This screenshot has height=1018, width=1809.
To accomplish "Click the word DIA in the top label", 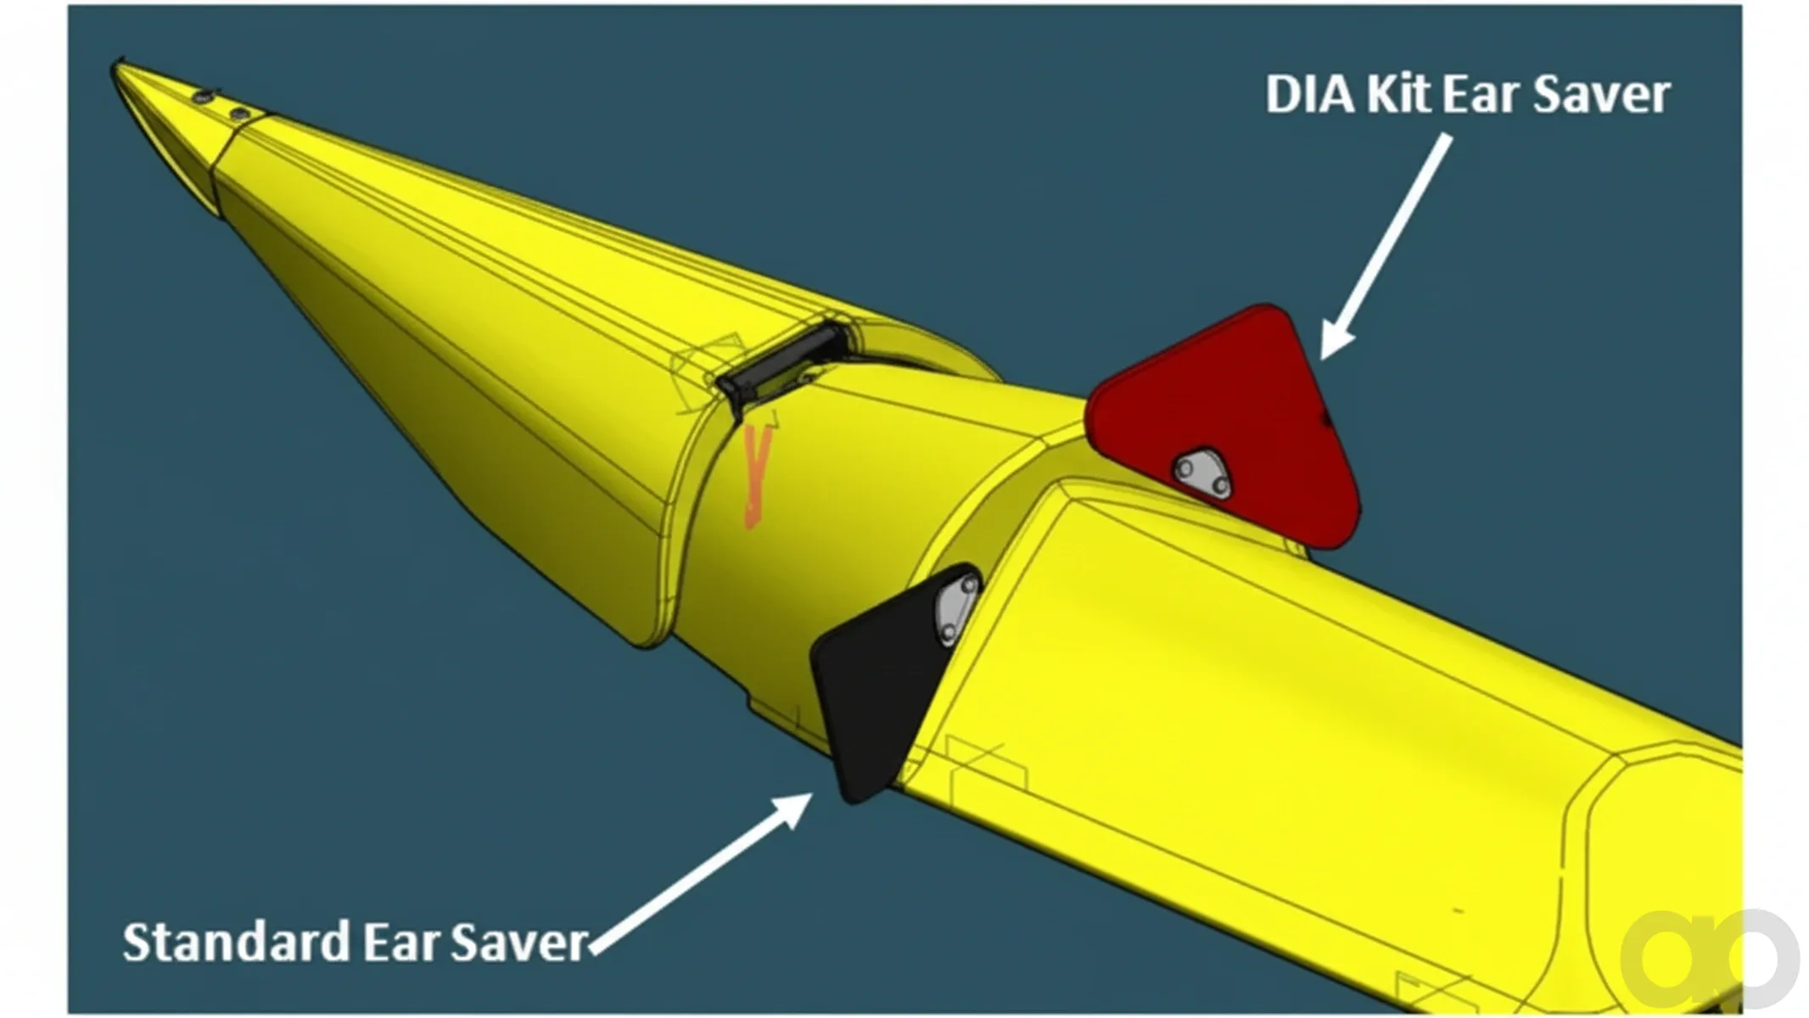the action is point(1311,94).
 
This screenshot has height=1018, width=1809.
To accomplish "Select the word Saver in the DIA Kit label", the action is point(1602,94).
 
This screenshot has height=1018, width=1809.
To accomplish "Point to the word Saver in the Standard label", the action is point(518,942).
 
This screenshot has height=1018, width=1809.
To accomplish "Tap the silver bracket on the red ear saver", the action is point(1201,472).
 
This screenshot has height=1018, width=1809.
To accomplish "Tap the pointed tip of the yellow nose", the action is point(114,64).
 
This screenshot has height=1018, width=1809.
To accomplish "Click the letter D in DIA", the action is point(1283,94).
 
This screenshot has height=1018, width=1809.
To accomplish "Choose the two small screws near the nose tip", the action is point(220,105).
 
